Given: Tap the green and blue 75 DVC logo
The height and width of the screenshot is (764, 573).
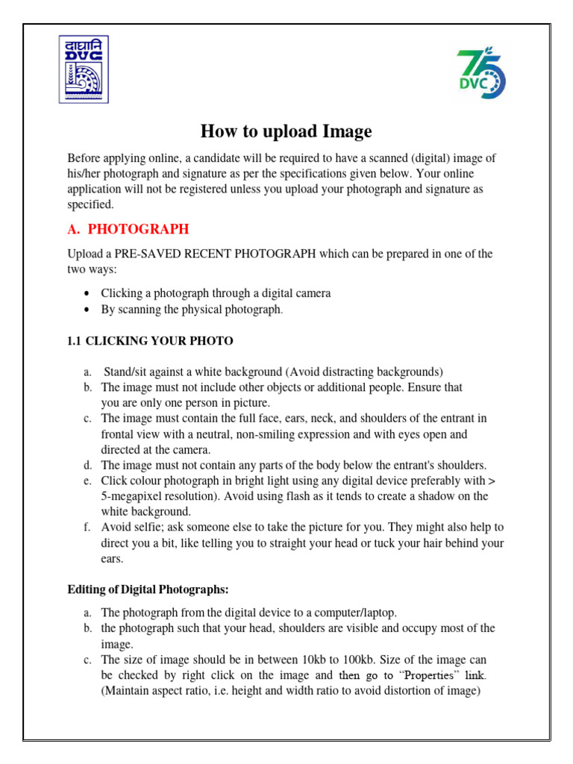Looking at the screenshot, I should click(481, 74).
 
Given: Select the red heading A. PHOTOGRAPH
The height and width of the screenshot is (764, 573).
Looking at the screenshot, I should click(128, 228).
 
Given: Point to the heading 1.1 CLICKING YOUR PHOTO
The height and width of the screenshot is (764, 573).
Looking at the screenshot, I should click(150, 341).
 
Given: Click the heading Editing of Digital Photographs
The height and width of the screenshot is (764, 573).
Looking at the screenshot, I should click(148, 589).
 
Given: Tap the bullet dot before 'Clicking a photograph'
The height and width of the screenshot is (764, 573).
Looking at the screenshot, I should click(88, 293).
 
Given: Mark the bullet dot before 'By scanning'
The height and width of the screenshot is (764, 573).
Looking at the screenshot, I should click(88, 309).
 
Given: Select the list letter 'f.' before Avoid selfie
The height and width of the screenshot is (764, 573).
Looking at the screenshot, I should click(87, 527).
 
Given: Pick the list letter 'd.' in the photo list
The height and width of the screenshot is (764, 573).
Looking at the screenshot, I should click(87, 465).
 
